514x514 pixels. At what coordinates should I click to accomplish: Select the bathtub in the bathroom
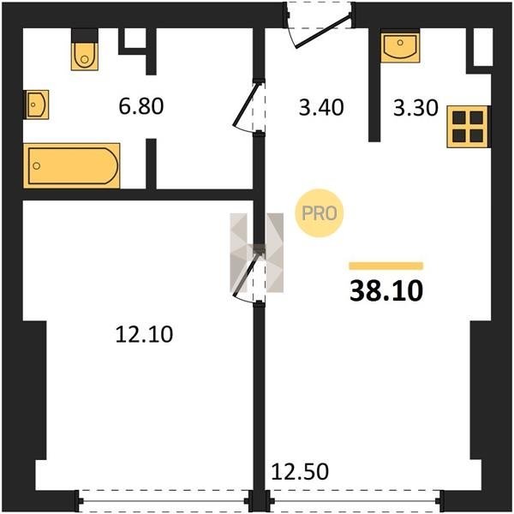point(72,165)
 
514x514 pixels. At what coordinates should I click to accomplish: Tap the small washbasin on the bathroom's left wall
point(37,105)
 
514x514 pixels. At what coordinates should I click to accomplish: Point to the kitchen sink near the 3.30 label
point(400,48)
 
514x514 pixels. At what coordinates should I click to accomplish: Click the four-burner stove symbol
point(468,127)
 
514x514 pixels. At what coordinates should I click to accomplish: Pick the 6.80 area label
point(141,106)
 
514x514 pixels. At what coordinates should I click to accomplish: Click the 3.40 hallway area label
point(321,108)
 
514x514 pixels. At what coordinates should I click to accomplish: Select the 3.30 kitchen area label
point(415,108)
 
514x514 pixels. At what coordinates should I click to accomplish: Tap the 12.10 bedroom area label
point(144,334)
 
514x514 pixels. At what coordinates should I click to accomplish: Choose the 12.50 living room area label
point(300,471)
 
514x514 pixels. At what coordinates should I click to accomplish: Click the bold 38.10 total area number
point(386,291)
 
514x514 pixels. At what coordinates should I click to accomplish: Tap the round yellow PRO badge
point(320,213)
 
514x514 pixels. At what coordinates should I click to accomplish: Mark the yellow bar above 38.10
point(386,266)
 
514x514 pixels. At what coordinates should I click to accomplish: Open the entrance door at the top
point(323,30)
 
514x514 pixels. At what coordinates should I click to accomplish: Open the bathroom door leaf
point(245,105)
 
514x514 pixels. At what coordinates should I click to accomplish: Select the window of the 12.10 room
point(164,501)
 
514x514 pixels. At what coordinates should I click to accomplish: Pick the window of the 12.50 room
point(355,501)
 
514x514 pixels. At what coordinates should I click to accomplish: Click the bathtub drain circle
point(37,165)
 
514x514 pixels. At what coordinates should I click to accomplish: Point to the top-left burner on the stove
point(459,117)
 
